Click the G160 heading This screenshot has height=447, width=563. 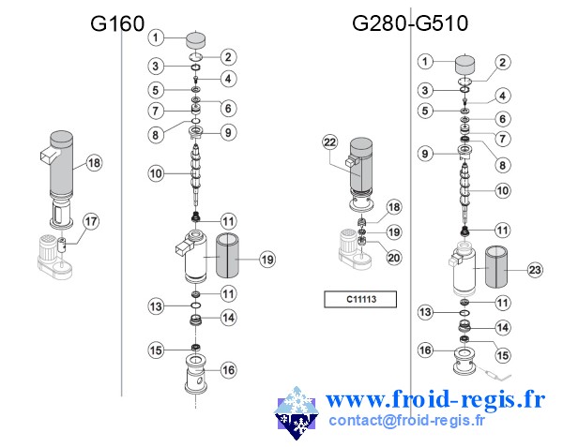(x=117, y=23)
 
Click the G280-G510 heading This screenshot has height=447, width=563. (x=410, y=23)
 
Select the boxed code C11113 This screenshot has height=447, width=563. (x=360, y=300)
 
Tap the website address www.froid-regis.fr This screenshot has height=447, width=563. (x=434, y=400)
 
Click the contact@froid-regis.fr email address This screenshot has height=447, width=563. (x=407, y=421)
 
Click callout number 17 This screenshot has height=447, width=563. (x=91, y=222)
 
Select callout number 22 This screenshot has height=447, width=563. (x=329, y=142)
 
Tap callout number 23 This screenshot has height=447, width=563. (x=535, y=270)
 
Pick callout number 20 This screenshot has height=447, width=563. (x=394, y=257)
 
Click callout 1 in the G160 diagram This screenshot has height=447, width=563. (x=158, y=37)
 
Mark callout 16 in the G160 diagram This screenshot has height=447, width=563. (x=228, y=369)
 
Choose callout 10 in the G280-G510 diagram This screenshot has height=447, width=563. (x=503, y=190)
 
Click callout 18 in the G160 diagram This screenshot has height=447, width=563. (x=93, y=162)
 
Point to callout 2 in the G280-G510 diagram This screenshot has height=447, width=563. (x=503, y=63)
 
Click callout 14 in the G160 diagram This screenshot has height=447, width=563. (x=228, y=317)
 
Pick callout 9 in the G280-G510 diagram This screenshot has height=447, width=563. (x=425, y=153)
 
